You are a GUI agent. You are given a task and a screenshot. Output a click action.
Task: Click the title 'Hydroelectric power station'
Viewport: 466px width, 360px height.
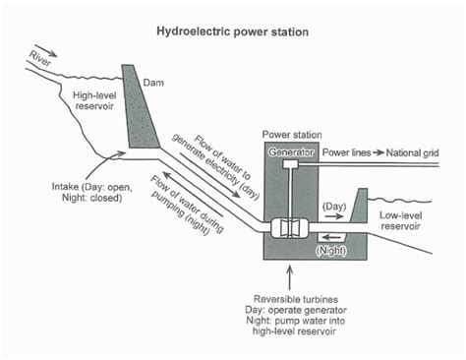pos(233,31)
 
